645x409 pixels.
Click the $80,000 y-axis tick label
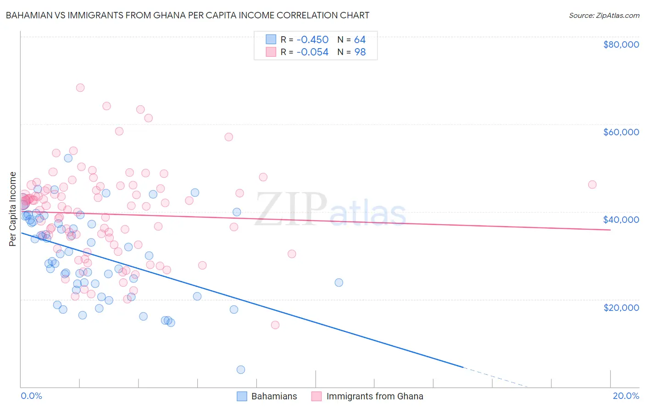(621, 44)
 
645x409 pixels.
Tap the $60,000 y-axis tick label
(621, 132)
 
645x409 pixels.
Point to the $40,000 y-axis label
(621, 220)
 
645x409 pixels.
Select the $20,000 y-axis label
(621, 307)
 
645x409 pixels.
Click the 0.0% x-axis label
(31, 396)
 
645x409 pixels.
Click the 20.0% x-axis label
(626, 396)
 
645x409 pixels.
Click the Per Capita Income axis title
(13, 209)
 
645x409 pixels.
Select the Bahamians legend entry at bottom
(274, 396)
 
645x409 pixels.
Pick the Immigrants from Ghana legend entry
(374, 396)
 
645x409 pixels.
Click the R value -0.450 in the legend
(312, 40)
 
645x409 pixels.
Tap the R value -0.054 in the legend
(312, 52)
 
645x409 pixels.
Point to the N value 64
(360, 40)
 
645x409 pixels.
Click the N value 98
(360, 52)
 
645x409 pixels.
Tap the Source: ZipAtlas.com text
(604, 15)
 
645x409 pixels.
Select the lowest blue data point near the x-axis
(241, 370)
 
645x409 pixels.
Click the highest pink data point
(80, 88)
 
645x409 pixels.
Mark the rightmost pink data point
(592, 184)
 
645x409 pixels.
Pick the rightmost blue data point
(339, 282)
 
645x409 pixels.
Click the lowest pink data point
(275, 325)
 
